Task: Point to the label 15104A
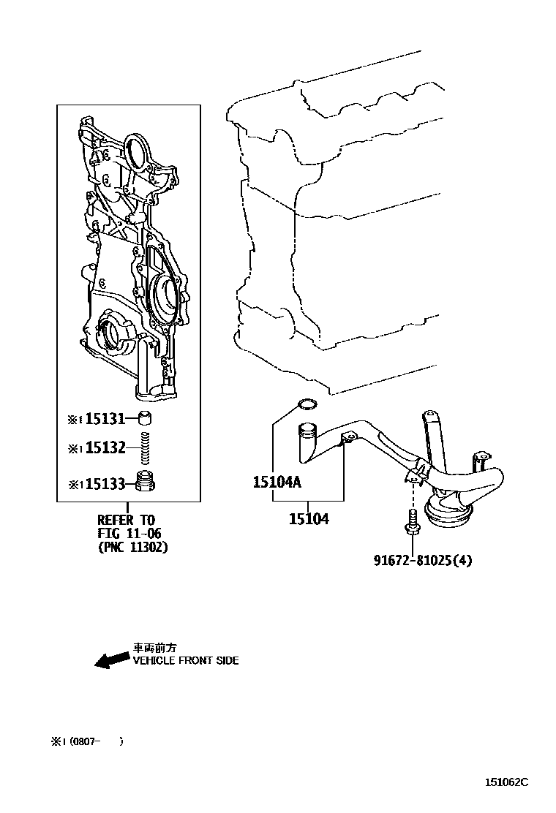point(277,482)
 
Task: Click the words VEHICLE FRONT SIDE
point(185,660)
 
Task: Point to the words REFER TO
point(126,520)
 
